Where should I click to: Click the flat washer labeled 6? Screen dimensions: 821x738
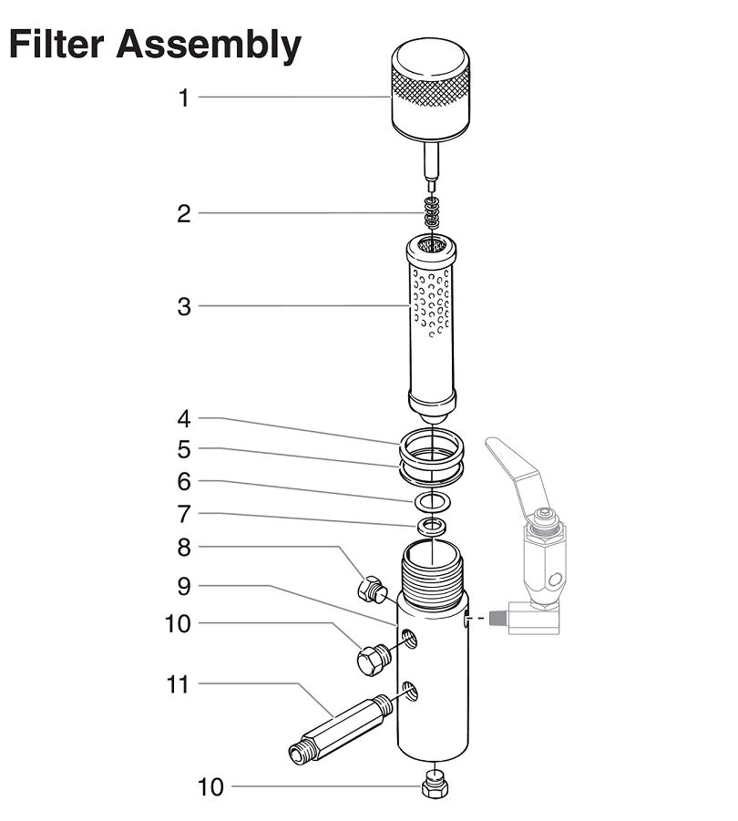(x=431, y=500)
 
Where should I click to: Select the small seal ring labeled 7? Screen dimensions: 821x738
(x=432, y=527)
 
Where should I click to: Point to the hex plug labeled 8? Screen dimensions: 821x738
(x=372, y=590)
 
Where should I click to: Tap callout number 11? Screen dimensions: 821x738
(x=178, y=683)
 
